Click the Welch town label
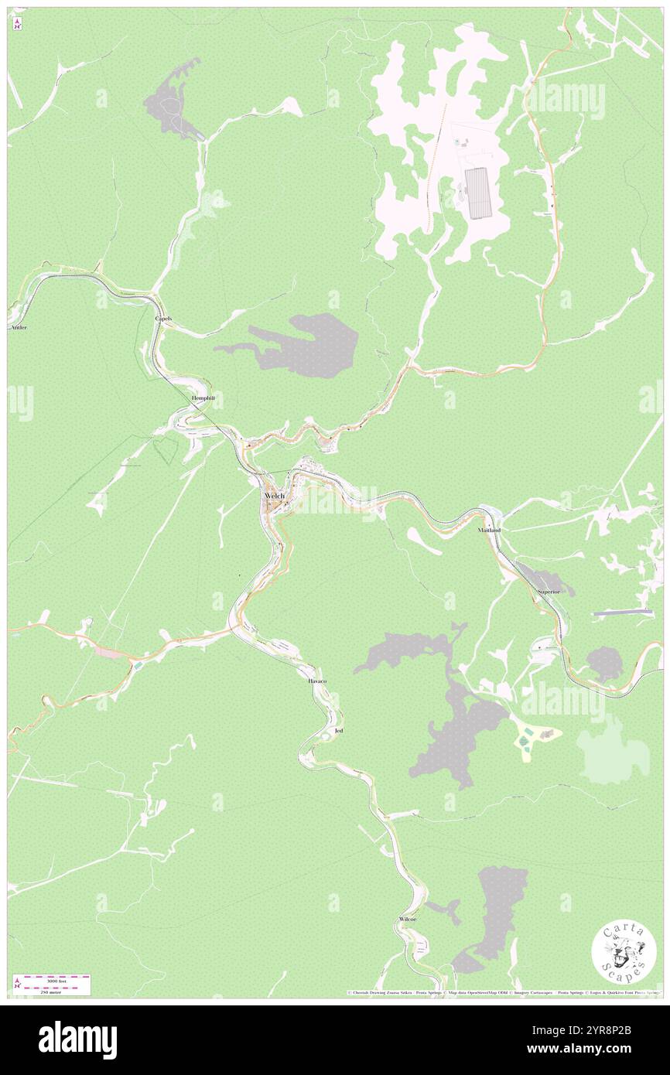point(275,496)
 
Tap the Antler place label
point(19,328)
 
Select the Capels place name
point(163,319)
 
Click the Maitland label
point(489,531)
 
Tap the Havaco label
point(317,681)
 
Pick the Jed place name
point(338,730)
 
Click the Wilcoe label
point(408,918)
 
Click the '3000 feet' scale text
point(52,981)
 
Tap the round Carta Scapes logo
point(624,951)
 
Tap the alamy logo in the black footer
point(77,1039)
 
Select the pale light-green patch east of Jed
point(613,748)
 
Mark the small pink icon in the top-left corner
point(17,25)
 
